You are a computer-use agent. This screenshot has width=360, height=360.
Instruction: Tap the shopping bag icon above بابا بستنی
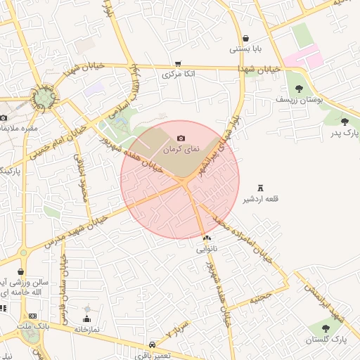[245, 39]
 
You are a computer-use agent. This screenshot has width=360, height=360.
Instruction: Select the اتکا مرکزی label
[178, 73]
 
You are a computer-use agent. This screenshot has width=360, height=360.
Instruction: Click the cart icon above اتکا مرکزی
[178, 63]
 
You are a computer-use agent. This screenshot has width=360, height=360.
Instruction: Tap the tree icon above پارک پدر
[344, 122]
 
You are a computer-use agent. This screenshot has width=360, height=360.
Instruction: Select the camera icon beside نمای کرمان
[181, 139]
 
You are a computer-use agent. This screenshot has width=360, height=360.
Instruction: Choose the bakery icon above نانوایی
[206, 239]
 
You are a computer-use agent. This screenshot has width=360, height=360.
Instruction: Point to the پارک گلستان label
[326, 340]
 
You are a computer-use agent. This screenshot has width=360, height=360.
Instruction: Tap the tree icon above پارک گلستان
[326, 328]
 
